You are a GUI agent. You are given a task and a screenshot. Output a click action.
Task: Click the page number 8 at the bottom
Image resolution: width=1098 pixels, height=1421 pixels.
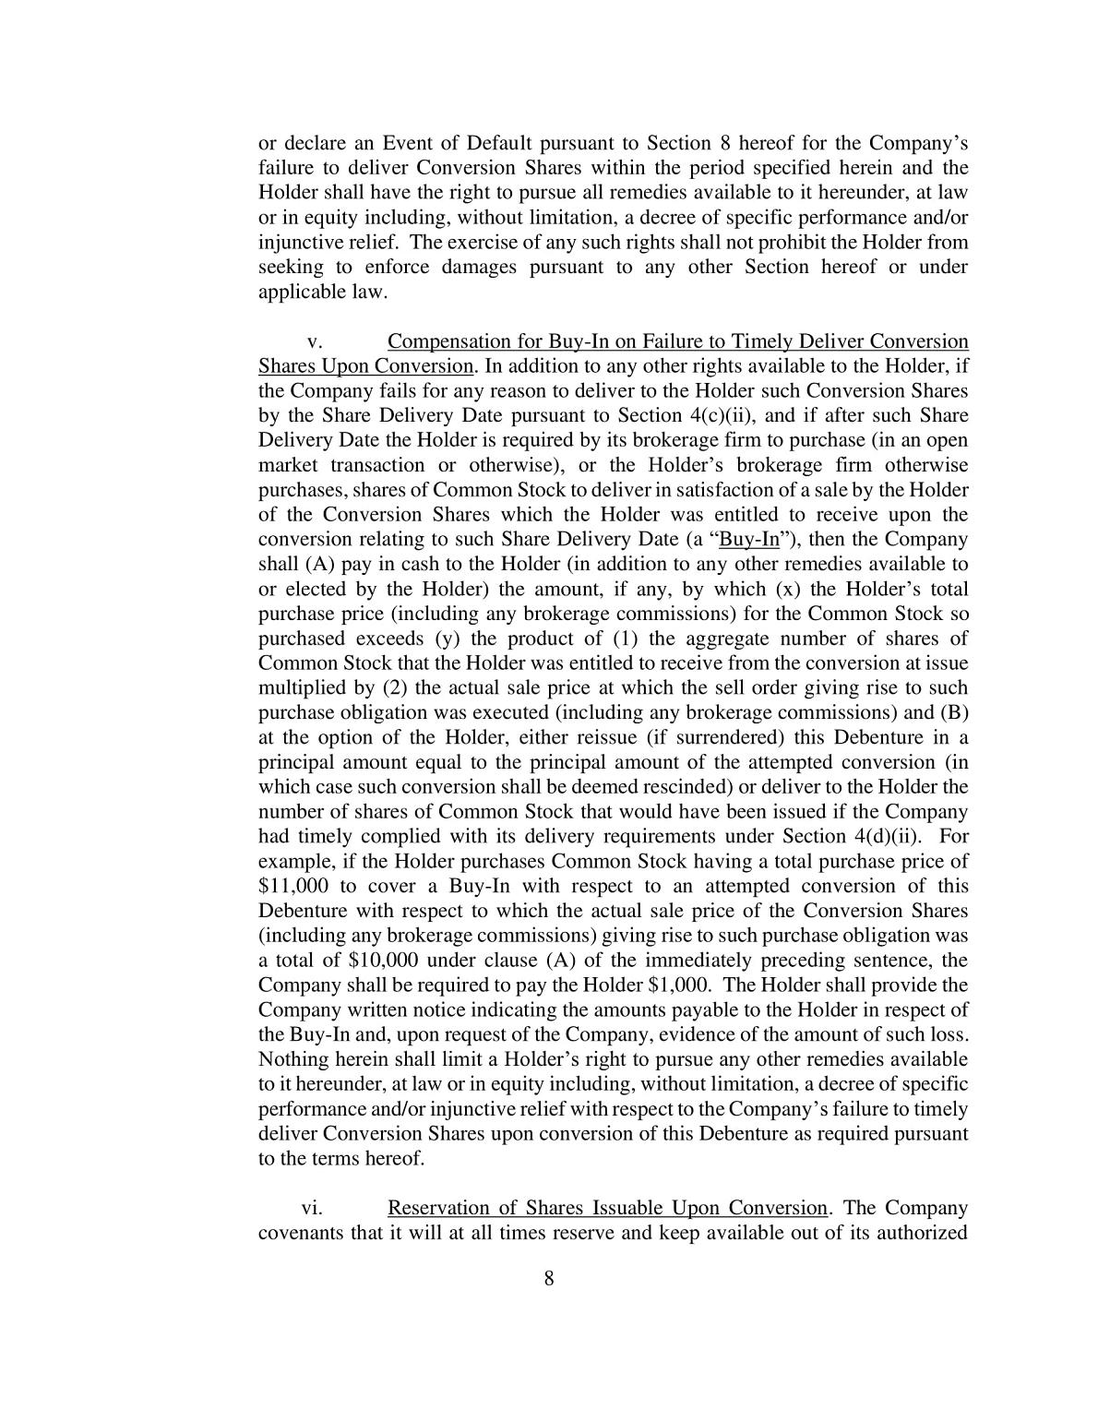point(549,1278)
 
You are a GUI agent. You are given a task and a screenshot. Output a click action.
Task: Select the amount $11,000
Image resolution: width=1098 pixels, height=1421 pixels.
point(291,886)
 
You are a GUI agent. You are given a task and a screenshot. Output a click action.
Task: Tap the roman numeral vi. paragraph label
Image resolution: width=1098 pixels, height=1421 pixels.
point(312,1209)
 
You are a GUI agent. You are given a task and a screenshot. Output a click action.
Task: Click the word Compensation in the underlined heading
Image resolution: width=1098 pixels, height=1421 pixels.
point(443,341)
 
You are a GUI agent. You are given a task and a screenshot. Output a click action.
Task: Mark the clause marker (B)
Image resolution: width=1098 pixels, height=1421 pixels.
point(953,713)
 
